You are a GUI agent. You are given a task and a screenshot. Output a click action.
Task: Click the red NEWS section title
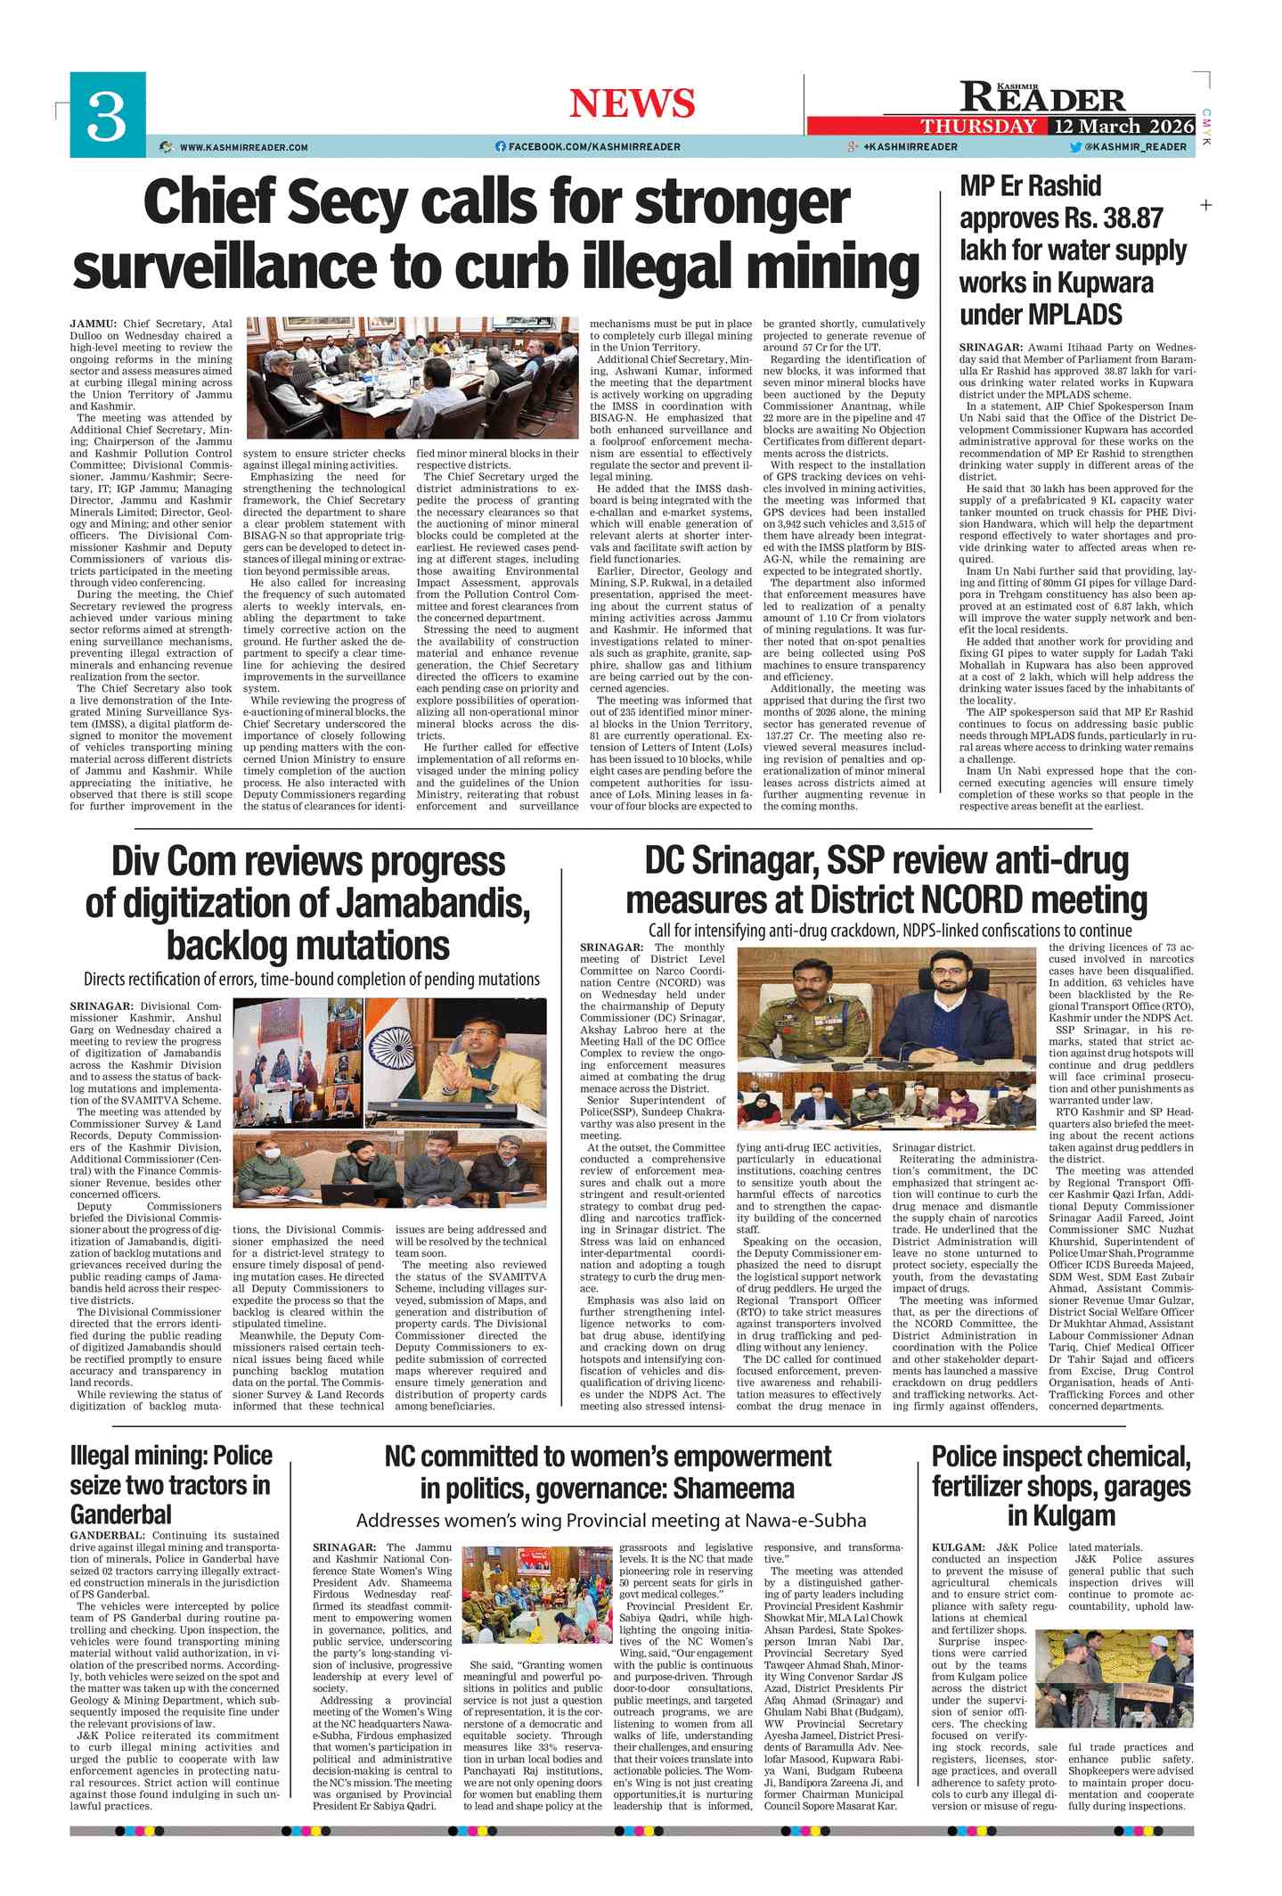[x=632, y=103]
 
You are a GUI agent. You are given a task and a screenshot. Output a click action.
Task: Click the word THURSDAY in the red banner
[x=978, y=126]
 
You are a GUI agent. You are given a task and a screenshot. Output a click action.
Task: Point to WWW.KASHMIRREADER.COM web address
[x=243, y=147]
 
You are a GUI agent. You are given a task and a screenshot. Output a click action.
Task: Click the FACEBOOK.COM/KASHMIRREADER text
[x=594, y=147]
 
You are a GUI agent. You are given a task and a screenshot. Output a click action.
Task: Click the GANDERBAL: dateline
[x=107, y=1536]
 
